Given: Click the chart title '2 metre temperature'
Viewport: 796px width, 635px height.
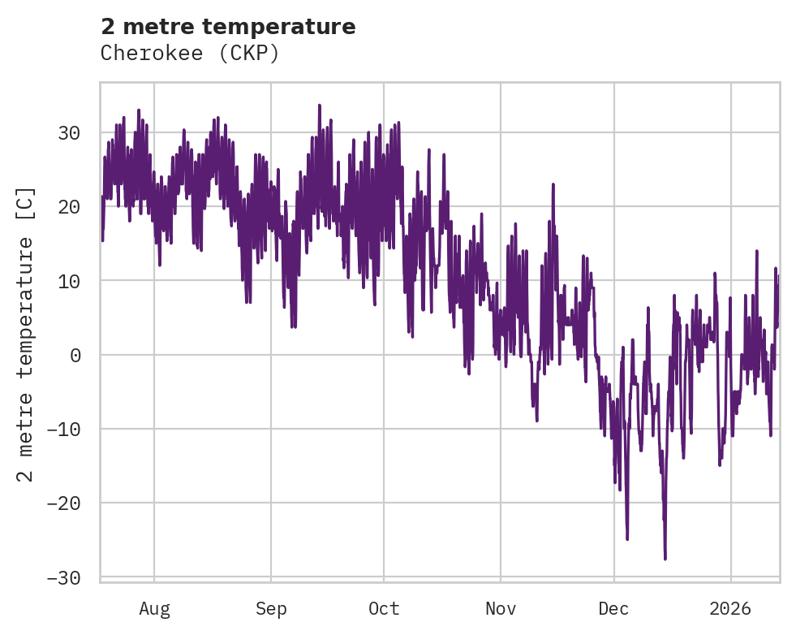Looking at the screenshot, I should pyautogui.click(x=228, y=27).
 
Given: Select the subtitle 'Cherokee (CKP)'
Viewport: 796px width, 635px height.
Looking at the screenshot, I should pyautogui.click(x=190, y=53).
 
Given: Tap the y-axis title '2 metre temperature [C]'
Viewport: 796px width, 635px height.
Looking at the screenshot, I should pyautogui.click(x=27, y=334).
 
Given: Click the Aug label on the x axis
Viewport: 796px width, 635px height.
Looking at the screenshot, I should pyautogui.click(x=154, y=608).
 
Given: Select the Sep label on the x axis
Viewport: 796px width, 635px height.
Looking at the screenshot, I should pyautogui.click(x=271, y=608).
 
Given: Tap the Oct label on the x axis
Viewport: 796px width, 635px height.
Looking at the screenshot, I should pyautogui.click(x=384, y=608).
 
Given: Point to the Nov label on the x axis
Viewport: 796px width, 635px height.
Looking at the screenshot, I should pyautogui.click(x=501, y=608).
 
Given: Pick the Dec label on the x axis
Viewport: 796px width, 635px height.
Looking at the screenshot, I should pyautogui.click(x=614, y=608).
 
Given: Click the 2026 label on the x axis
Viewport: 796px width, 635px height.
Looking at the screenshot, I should pyautogui.click(x=731, y=608).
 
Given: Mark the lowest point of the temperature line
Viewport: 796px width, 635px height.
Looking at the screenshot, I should pyautogui.click(x=665, y=559).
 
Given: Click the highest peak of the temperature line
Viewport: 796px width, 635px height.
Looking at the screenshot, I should pyautogui.click(x=320, y=105).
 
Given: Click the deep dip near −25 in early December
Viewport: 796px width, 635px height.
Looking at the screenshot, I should pyautogui.click(x=627, y=538).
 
